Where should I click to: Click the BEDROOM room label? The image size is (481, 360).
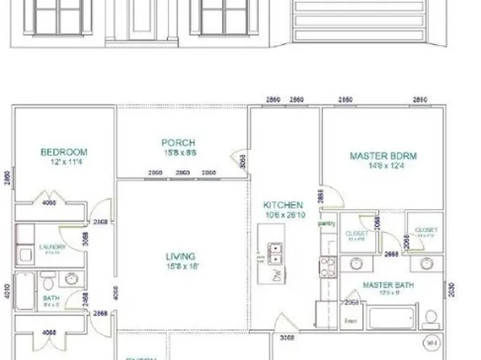pyautogui.click(x=64, y=152)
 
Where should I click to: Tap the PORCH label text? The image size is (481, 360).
pyautogui.click(x=179, y=143)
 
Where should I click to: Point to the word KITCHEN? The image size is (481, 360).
pyautogui.click(x=283, y=206)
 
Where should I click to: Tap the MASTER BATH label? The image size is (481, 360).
pyautogui.click(x=384, y=286)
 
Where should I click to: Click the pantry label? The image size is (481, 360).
pyautogui.click(x=327, y=224)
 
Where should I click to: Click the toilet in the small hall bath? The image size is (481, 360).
pyautogui.click(x=48, y=285)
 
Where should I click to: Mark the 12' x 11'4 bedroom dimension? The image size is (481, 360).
pyautogui.click(x=64, y=162)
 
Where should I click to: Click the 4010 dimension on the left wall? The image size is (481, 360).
pyautogui.click(x=6, y=291)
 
